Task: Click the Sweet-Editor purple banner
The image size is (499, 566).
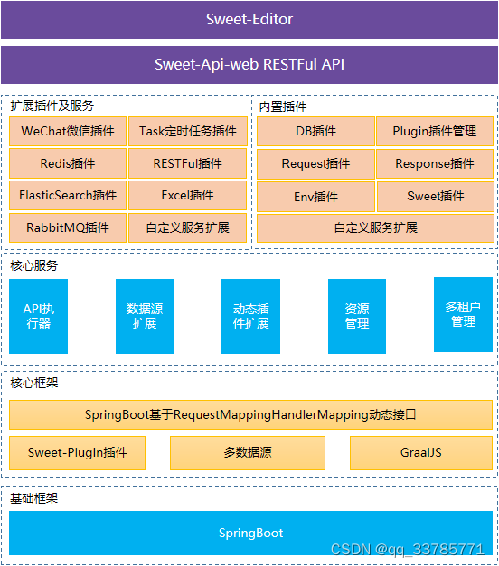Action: [249, 19]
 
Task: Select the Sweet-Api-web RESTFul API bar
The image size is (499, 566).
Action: [249, 65]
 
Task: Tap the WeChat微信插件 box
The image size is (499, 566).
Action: [68, 132]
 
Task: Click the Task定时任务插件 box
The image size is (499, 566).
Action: [187, 132]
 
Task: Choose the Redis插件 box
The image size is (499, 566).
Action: [68, 164]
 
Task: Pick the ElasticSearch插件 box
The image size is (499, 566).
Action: [68, 196]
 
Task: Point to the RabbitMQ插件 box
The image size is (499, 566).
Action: [68, 227]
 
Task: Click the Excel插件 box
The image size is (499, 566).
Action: [187, 196]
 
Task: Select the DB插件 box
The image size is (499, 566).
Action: [315, 132]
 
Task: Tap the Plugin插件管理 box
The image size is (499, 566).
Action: [435, 132]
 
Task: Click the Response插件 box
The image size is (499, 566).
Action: [435, 164]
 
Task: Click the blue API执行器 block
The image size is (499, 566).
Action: [38, 316]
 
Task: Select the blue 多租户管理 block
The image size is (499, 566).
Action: [463, 314]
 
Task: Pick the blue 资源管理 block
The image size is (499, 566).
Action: [357, 316]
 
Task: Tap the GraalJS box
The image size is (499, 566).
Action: [421, 453]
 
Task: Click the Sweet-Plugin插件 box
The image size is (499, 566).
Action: [77, 453]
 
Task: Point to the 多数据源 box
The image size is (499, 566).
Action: [247, 453]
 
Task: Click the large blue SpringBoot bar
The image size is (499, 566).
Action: [250, 533]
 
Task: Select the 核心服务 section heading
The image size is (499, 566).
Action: [33, 266]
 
